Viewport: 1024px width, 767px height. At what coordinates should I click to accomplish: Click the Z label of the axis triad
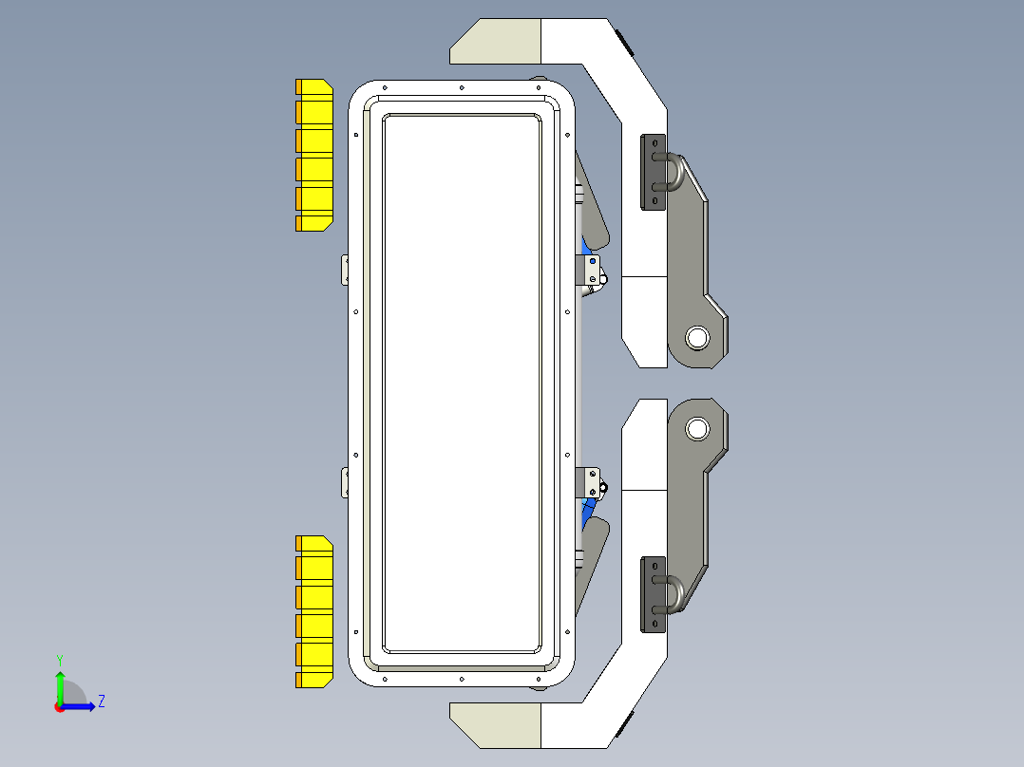(x=101, y=702)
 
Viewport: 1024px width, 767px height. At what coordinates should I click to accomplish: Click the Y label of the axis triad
(x=59, y=659)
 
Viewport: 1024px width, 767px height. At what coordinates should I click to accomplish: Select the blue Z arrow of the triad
(x=81, y=706)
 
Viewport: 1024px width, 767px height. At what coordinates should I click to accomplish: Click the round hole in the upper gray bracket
(x=697, y=336)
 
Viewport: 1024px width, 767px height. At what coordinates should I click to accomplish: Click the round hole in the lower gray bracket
(x=697, y=428)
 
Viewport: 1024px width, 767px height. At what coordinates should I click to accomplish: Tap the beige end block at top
(x=495, y=42)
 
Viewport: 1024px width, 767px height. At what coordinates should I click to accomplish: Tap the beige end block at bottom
(x=495, y=725)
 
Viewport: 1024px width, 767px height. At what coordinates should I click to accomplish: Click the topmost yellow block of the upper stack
(x=314, y=87)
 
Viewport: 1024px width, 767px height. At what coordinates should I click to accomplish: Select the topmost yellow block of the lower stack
(x=314, y=544)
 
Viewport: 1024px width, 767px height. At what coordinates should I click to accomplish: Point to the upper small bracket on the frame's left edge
(x=346, y=270)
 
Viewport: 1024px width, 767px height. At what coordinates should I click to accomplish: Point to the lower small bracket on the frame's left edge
(x=346, y=482)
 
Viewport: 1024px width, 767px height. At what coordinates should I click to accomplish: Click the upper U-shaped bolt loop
(x=676, y=173)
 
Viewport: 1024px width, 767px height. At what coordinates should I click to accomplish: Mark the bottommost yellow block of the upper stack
(x=314, y=223)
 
